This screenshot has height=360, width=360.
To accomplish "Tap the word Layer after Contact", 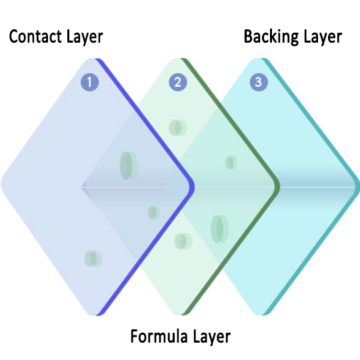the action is (85, 37).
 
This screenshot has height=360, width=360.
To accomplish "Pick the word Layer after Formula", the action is (212, 337).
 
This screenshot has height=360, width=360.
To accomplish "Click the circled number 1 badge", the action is (90, 82).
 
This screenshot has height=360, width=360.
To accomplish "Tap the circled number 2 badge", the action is (178, 82).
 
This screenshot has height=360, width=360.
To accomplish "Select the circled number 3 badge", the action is (259, 82).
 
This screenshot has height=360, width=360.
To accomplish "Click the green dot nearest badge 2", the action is (178, 127).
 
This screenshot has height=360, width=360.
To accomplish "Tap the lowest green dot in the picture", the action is (93, 259).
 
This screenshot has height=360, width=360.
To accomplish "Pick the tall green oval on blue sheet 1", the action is (129, 165).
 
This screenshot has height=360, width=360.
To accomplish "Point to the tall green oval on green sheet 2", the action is (220, 229).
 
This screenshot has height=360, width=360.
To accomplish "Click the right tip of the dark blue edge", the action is (195, 187).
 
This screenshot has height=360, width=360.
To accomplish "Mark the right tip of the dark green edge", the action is (279, 187).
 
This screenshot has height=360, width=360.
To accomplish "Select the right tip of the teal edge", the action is (359, 187).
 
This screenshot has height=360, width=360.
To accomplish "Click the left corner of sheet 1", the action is (1, 185).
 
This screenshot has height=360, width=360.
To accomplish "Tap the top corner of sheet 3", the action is (257, 59).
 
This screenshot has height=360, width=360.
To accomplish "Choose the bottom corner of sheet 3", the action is (258, 315).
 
